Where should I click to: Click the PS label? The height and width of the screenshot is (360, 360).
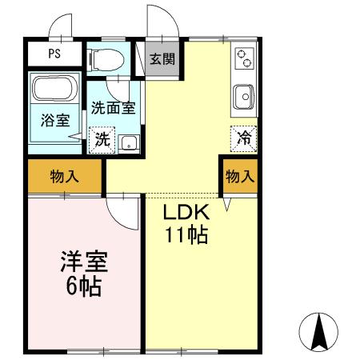[55, 54]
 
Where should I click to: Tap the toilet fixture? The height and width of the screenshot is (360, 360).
[106, 58]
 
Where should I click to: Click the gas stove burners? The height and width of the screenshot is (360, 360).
[245, 58]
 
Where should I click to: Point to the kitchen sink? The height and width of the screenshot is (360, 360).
[244, 97]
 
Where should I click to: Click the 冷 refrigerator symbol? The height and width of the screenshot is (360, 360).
[244, 138]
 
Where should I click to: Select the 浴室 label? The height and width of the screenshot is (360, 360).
[54, 121]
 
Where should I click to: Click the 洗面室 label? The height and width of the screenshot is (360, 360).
[112, 108]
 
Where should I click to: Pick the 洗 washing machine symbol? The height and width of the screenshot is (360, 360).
[102, 138]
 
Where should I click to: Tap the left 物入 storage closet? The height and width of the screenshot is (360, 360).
[65, 177]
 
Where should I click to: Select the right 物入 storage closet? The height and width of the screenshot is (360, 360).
[239, 177]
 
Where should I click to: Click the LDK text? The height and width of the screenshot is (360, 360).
[186, 214]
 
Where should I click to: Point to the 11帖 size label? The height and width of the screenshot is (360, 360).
[186, 235]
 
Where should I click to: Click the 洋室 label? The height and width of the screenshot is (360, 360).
[83, 262]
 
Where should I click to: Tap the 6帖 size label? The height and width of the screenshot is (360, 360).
[83, 286]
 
